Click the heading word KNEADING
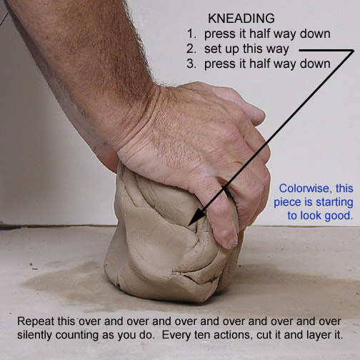coord(241,19)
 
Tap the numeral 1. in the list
coord(191,34)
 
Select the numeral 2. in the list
coord(191,49)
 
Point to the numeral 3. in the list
coord(191,64)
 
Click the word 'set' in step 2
coord(211,49)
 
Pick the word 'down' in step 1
coord(315,34)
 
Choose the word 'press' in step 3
coord(219,64)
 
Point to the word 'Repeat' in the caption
coord(36,321)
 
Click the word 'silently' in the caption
coord(34,335)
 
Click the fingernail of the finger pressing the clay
coord(229,241)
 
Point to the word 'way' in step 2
coord(277,50)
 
